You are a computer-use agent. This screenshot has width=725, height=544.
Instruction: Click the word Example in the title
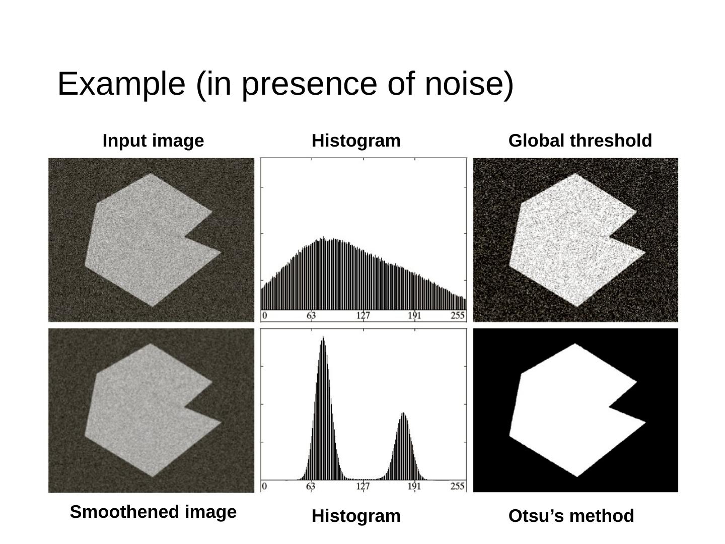click(x=121, y=84)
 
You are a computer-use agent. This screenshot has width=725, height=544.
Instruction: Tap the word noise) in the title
click(x=469, y=84)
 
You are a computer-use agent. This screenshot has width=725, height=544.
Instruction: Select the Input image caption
click(x=153, y=141)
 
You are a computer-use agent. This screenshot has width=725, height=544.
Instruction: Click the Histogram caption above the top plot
click(x=356, y=141)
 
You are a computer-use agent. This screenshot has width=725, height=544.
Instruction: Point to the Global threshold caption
click(x=580, y=141)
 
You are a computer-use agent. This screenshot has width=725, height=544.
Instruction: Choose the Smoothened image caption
click(x=153, y=512)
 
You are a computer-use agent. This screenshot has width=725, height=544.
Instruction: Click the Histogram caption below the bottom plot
click(x=356, y=516)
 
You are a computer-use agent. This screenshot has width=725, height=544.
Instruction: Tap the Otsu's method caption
click(x=571, y=516)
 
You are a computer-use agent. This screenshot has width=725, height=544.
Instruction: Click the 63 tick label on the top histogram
click(x=312, y=316)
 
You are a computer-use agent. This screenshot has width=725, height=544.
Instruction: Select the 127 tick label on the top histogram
click(x=364, y=316)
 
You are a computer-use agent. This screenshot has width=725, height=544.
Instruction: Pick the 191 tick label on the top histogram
click(x=415, y=316)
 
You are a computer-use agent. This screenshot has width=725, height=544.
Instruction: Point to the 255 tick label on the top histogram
click(x=458, y=316)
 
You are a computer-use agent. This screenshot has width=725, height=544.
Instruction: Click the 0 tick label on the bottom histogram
click(x=264, y=486)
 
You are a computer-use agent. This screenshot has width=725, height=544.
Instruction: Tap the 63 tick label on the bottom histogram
click(x=311, y=486)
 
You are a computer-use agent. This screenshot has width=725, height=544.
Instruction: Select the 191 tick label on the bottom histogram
click(x=414, y=486)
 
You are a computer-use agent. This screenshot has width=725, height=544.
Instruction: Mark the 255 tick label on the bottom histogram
click(x=458, y=486)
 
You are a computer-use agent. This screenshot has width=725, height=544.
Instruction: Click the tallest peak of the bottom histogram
click(x=323, y=338)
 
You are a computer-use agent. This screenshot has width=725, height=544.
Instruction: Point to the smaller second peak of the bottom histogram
click(x=403, y=415)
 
